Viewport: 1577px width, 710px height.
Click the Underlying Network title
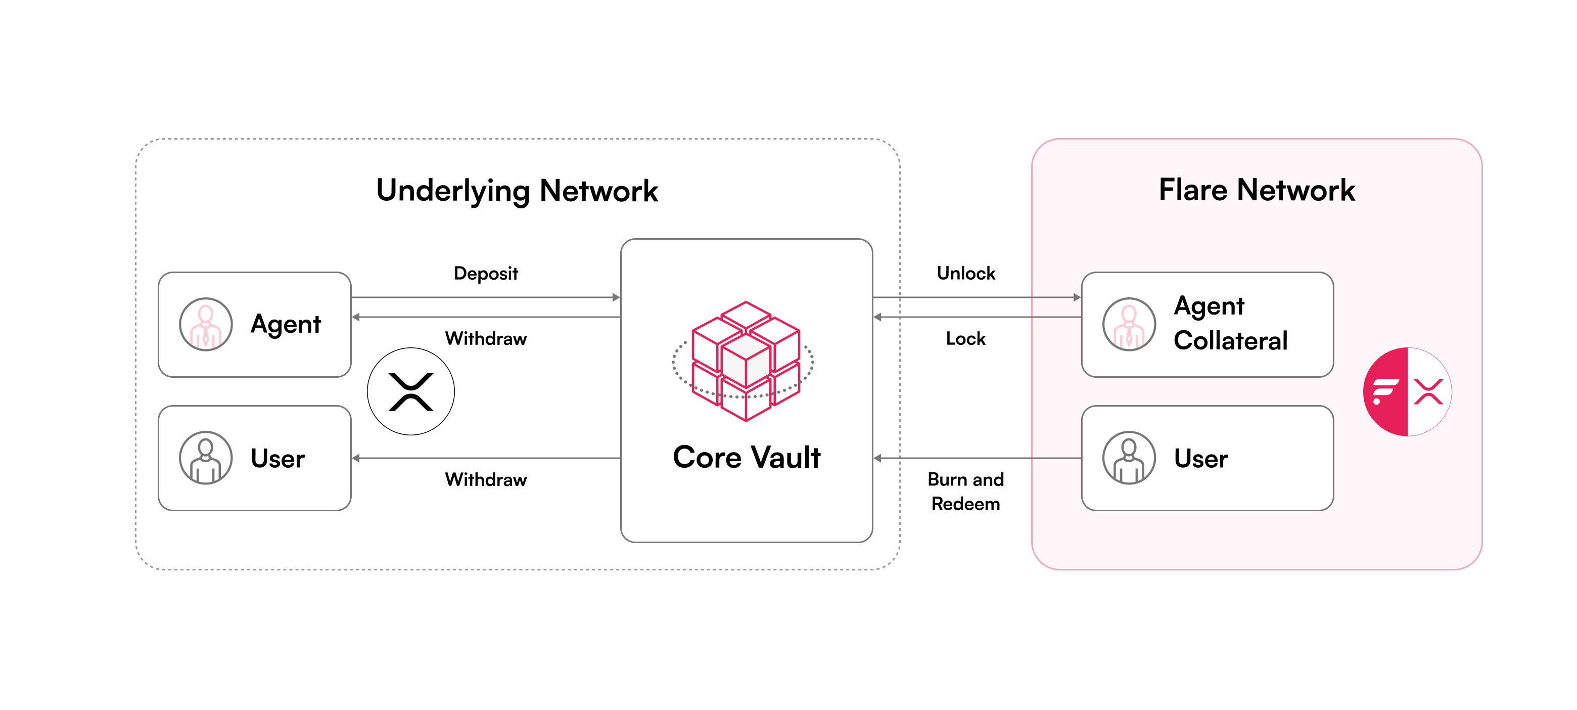click(517, 191)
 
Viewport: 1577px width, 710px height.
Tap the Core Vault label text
click(746, 457)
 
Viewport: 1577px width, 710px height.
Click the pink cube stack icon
click(745, 362)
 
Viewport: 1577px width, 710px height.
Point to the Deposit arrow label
click(485, 273)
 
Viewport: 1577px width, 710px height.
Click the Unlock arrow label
click(965, 273)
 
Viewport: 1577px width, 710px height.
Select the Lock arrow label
click(965, 338)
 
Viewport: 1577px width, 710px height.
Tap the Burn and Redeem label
click(965, 492)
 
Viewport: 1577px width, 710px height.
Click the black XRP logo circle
click(411, 391)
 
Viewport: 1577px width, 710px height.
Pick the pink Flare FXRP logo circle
click(1407, 391)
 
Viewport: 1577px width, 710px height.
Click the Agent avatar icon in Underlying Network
click(206, 324)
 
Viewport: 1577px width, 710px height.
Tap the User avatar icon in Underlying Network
click(206, 458)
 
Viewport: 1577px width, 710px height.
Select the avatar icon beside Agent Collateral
click(1129, 324)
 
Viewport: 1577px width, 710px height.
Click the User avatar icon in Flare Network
click(1129, 458)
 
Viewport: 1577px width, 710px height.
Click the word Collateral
click(1230, 341)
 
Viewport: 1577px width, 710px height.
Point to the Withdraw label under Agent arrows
click(485, 338)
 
